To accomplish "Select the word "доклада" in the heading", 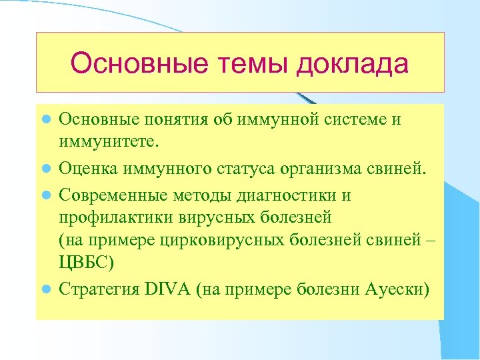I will coord(353,64).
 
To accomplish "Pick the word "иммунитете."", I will coord(110,141).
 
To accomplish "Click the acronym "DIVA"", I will coord(165,290).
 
